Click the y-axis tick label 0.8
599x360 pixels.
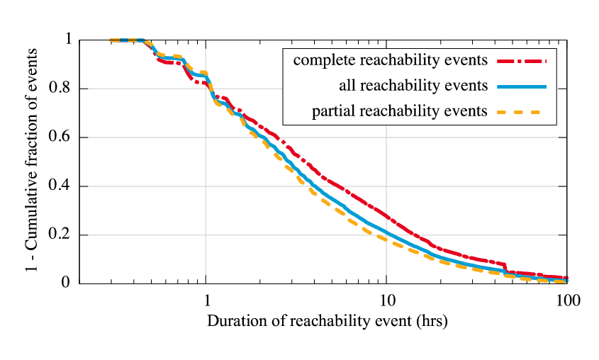62,89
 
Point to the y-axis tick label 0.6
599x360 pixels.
62,138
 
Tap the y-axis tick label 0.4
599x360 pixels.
62,187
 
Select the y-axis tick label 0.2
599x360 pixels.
62,235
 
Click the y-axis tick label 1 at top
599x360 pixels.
68,40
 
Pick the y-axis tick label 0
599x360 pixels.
68,284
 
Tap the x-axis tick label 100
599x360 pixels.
567,300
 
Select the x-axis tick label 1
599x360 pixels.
206,300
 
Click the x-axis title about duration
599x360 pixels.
328,321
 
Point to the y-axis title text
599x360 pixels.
33,162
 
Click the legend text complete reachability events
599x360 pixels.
390,60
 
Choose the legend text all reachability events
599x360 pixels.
413,86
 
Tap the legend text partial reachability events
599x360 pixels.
400,111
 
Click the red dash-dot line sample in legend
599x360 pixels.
521,61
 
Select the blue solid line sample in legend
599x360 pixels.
521,86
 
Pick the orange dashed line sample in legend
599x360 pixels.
521,111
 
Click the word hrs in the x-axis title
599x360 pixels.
433,321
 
